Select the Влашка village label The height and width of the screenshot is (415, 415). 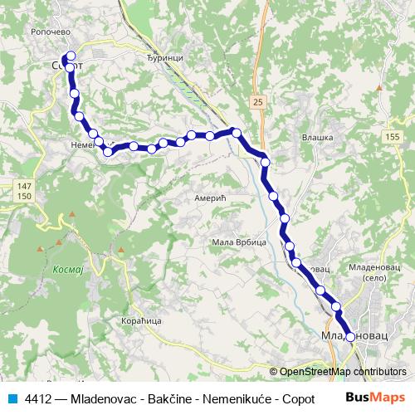tap(317, 138)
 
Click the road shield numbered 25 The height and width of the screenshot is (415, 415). tap(259, 101)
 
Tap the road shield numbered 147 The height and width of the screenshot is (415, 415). tap(24, 185)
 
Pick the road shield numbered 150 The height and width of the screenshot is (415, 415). tap(24, 195)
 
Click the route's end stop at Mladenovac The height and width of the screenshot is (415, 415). tap(350, 336)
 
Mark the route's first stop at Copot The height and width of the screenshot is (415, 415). tap(70, 58)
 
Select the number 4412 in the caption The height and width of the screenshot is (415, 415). tap(38, 398)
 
